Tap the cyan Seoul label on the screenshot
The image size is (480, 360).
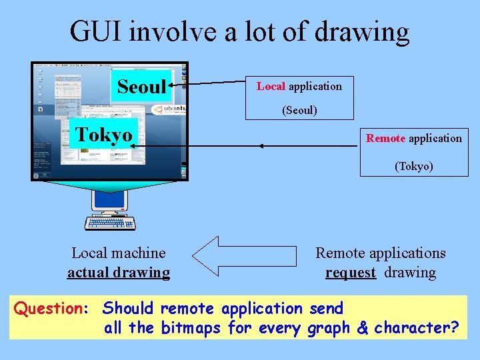click(x=141, y=86)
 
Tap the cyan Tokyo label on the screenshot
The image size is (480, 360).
click(x=103, y=134)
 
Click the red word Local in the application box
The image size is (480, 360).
click(x=271, y=86)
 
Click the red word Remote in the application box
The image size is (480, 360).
click(x=385, y=138)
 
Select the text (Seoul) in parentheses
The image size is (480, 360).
click(x=299, y=110)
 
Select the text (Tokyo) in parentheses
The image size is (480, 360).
click(x=413, y=166)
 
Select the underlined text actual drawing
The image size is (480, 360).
click(x=119, y=272)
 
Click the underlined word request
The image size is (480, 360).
click(x=351, y=272)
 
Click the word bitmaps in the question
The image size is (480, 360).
click(x=192, y=328)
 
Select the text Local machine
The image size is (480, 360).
click(x=119, y=253)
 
